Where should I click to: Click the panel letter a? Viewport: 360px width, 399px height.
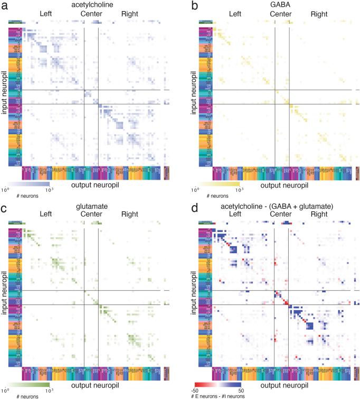click(x=5, y=6)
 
